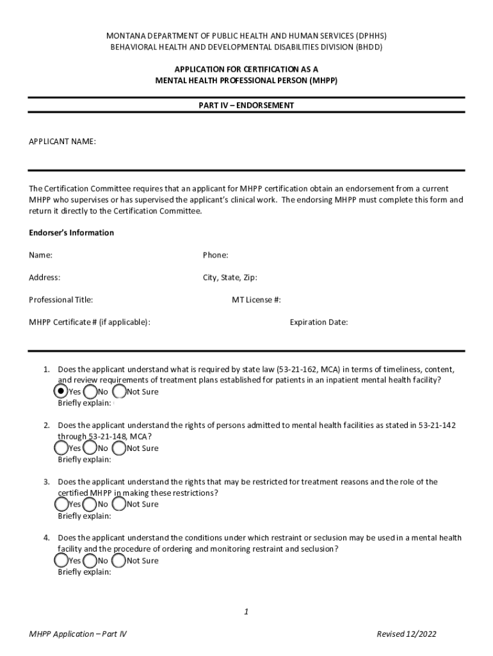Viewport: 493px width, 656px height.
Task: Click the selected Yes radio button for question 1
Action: (61, 391)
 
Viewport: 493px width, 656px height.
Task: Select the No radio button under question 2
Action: (90, 448)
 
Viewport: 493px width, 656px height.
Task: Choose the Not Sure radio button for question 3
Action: (119, 504)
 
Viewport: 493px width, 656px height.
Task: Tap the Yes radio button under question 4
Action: (61, 561)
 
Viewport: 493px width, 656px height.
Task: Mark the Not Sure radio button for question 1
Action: (119, 391)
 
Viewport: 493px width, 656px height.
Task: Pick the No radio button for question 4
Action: (90, 561)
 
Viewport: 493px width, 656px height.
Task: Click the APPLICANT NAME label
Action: (62, 142)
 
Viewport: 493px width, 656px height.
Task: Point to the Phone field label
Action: (215, 255)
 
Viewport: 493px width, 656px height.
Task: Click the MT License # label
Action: (256, 300)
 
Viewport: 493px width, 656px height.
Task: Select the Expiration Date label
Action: (318, 322)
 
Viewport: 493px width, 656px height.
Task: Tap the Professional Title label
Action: (61, 300)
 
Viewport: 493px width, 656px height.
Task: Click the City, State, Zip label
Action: (230, 277)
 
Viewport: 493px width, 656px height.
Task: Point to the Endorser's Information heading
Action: (71, 233)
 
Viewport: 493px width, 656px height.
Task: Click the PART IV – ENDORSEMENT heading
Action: (246, 105)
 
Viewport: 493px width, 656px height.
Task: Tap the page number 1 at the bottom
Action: (246, 612)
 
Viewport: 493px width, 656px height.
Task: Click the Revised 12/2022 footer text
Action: (406, 634)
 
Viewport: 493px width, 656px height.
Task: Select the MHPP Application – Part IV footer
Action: (77, 634)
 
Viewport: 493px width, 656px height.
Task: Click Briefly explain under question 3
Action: (84, 516)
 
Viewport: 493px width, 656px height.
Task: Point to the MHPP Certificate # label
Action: (90, 322)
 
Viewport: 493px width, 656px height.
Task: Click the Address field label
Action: (44, 277)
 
